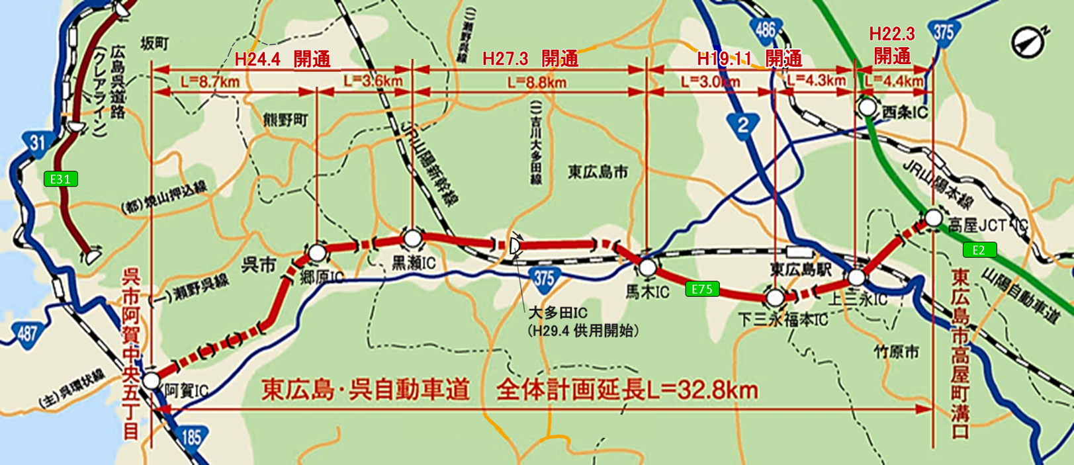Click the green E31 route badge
(61, 179)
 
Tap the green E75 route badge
(702, 289)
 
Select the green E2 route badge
(979, 249)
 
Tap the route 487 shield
(27, 333)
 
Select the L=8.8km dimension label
(537, 83)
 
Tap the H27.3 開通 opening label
(530, 59)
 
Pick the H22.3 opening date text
(891, 34)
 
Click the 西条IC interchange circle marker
(868, 106)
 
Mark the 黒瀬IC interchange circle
(412, 239)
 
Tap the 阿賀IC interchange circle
(152, 380)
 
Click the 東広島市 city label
(598, 172)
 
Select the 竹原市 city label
(896, 352)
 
